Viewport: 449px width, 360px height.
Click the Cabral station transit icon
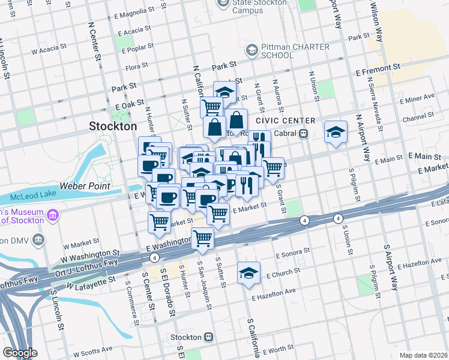point(304,134)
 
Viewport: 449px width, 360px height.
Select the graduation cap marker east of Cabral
point(336,131)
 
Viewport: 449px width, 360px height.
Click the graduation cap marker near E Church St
point(249,273)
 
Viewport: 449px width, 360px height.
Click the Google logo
point(19,353)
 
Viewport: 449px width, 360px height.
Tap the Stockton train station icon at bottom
point(208,337)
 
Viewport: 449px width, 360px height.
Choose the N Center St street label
point(94,42)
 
